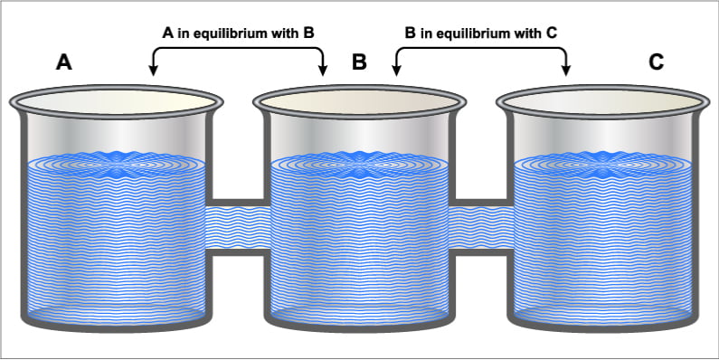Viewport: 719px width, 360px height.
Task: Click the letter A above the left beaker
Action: (x=63, y=62)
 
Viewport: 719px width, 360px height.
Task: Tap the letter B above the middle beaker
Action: (x=359, y=62)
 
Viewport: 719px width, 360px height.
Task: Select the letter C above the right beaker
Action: (x=656, y=62)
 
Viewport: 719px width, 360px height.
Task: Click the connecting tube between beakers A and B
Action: (x=236, y=226)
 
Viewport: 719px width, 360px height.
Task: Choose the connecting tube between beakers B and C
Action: (x=479, y=226)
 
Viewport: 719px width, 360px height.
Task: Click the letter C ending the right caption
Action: (x=553, y=33)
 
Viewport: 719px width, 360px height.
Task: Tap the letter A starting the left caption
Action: (x=166, y=33)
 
